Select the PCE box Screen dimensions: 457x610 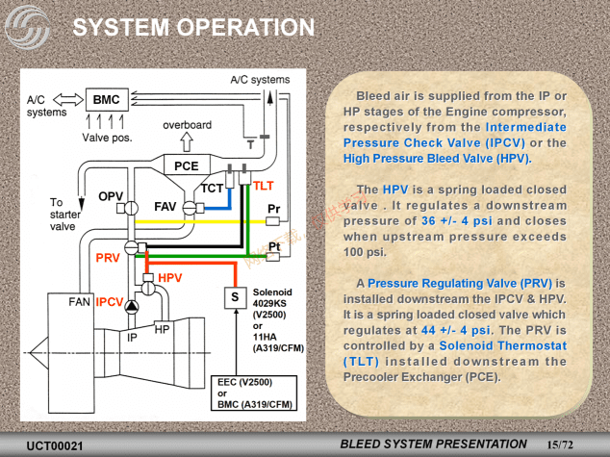(187, 165)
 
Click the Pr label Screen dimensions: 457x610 (274, 210)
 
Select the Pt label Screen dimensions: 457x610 (274, 247)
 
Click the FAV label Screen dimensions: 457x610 (165, 207)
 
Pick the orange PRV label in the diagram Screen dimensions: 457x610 (107, 257)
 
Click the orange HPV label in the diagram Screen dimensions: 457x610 (170, 278)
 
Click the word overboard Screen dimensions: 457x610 (187, 126)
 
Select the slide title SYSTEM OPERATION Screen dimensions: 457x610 (193, 27)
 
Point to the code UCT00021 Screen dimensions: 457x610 (55, 445)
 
